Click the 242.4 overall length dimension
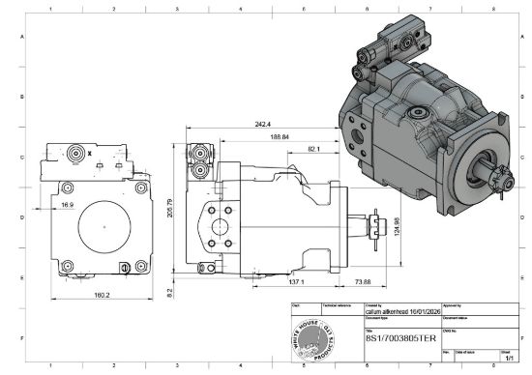(262, 125)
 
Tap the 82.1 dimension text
(315, 149)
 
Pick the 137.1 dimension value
(297, 282)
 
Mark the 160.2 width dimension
(100, 295)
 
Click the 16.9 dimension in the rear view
(68, 205)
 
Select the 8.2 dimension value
(169, 290)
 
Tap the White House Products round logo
(315, 338)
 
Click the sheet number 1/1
(507, 358)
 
